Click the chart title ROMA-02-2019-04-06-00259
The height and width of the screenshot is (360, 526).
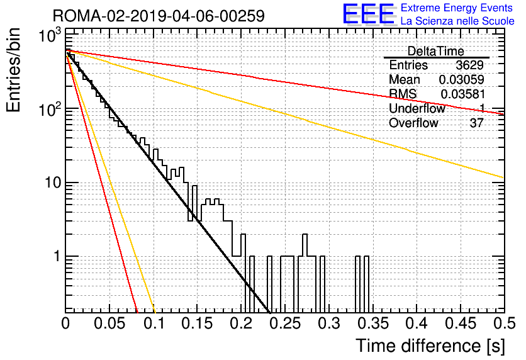pyautogui.click(x=159, y=16)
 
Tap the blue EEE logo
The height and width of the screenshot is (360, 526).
pyautogui.click(x=369, y=14)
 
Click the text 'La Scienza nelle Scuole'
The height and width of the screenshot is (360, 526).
pyautogui.click(x=457, y=21)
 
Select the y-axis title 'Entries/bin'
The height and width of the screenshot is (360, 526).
pyautogui.click(x=13, y=70)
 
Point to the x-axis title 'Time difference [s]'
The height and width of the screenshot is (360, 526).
pyautogui.click(x=430, y=346)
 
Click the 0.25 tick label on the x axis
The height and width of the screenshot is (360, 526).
pyautogui.click(x=286, y=323)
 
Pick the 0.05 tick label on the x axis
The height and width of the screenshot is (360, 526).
pyautogui.click(x=109, y=323)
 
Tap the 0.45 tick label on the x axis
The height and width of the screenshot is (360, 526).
pyautogui.click(x=461, y=323)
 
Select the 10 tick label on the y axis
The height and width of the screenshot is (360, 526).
pyautogui.click(x=52, y=183)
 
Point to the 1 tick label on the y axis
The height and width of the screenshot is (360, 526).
pyautogui.click(x=57, y=256)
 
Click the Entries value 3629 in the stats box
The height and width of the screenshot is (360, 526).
pyautogui.click(x=469, y=65)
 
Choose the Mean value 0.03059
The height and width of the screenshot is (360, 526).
pyautogui.click(x=462, y=79)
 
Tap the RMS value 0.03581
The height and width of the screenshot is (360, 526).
pyautogui.click(x=462, y=94)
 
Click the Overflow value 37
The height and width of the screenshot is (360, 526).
pyautogui.click(x=476, y=123)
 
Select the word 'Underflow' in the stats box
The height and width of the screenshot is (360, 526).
pyautogui.click(x=417, y=108)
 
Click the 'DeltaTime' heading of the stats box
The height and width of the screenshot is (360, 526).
pyautogui.click(x=436, y=51)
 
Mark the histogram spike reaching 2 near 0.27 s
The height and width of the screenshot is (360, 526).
pyautogui.click(x=305, y=245)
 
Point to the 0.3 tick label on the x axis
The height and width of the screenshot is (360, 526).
pyautogui.click(x=329, y=323)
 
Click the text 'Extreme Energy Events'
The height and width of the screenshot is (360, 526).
pyautogui.click(x=457, y=8)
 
